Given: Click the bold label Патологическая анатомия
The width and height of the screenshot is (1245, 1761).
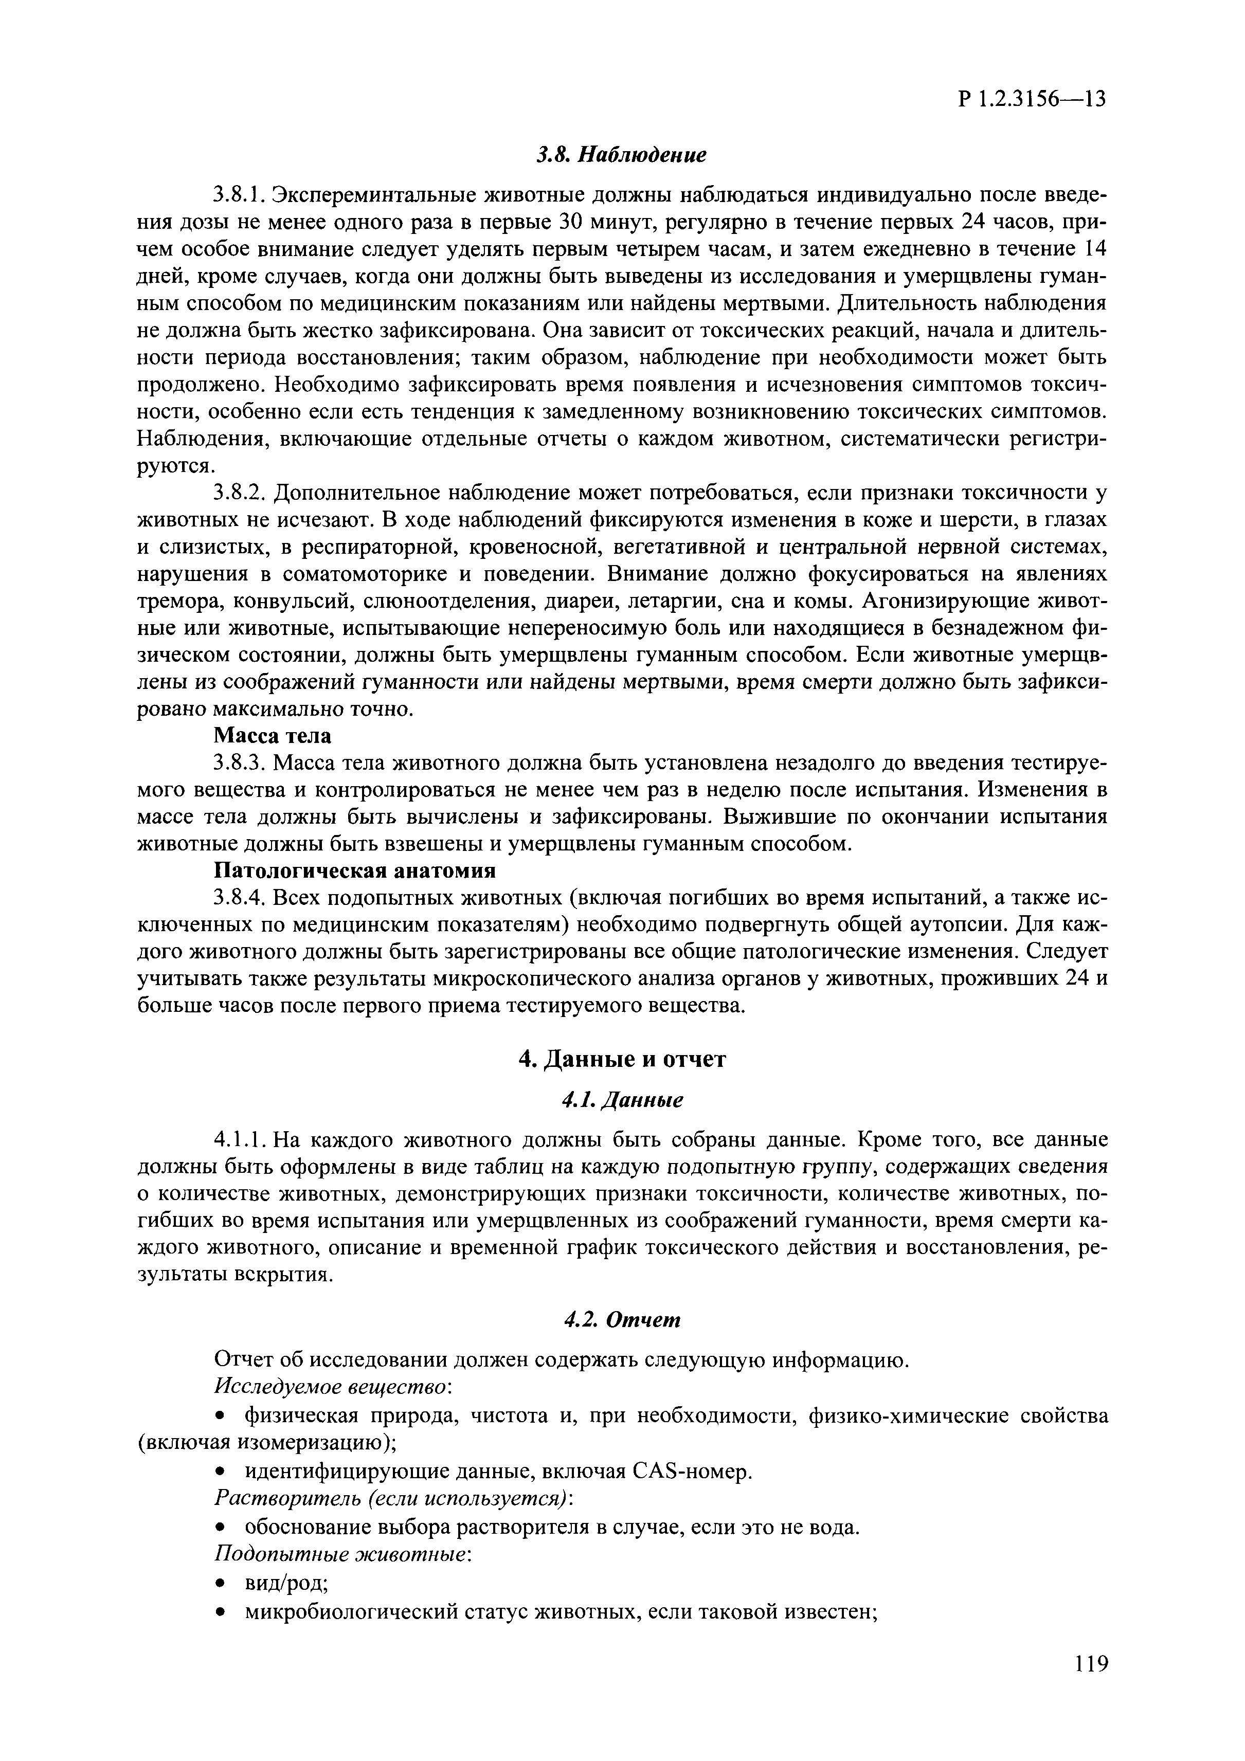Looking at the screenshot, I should [x=354, y=872].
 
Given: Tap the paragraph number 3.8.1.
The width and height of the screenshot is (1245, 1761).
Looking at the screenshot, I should [x=239, y=195].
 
